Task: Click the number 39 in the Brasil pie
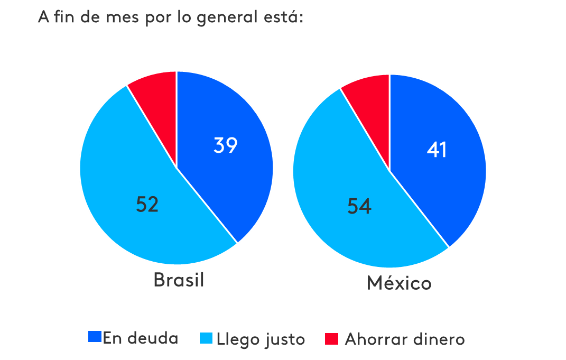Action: pyautogui.click(x=226, y=145)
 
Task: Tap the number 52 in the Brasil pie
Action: pyautogui.click(x=147, y=205)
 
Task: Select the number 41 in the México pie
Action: pyautogui.click(x=437, y=150)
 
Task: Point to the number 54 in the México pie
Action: pyautogui.click(x=359, y=207)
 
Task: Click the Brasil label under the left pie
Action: pyautogui.click(x=179, y=280)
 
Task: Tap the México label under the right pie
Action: pyautogui.click(x=399, y=283)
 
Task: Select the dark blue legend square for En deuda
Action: pyautogui.click(x=95, y=337)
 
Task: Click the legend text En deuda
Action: pyautogui.click(x=141, y=338)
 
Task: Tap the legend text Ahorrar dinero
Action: pyautogui.click(x=405, y=339)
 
